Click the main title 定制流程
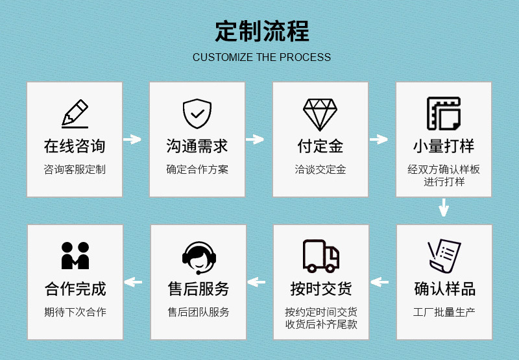pos(261,31)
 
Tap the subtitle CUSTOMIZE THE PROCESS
pos(261,57)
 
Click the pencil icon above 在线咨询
pos(75,114)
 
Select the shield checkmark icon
pos(197,114)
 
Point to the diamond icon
pos(320,114)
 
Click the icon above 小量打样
pos(444,114)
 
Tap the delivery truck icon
pos(320,256)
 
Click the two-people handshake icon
pos(75,256)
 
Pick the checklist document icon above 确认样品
pos(444,256)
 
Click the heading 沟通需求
pos(197,146)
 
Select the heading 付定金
pos(320,146)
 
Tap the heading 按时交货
pos(321,288)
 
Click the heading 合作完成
pos(75,288)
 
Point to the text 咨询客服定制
pos(75,170)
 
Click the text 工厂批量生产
pos(444,312)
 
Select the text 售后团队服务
pos(198,312)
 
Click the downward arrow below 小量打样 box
pos(444,208)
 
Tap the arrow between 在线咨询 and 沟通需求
pos(132,139)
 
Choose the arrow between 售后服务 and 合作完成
pos(134,282)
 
